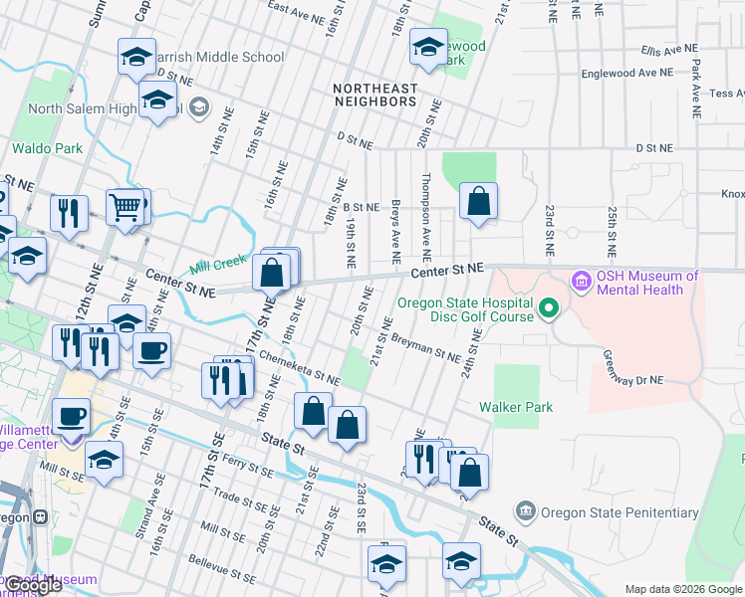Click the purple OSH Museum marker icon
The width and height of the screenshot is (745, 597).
pyautogui.click(x=581, y=283)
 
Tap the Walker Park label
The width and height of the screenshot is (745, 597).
pyautogui.click(x=515, y=407)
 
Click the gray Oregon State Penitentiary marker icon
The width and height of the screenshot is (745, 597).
pyautogui.click(x=524, y=512)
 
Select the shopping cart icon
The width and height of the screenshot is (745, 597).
pyautogui.click(x=124, y=208)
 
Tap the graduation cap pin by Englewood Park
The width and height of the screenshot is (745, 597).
pyautogui.click(x=428, y=48)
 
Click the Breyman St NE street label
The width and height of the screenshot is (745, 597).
pyautogui.click(x=424, y=349)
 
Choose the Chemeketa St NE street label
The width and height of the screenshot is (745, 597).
pyautogui.click(x=298, y=364)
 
